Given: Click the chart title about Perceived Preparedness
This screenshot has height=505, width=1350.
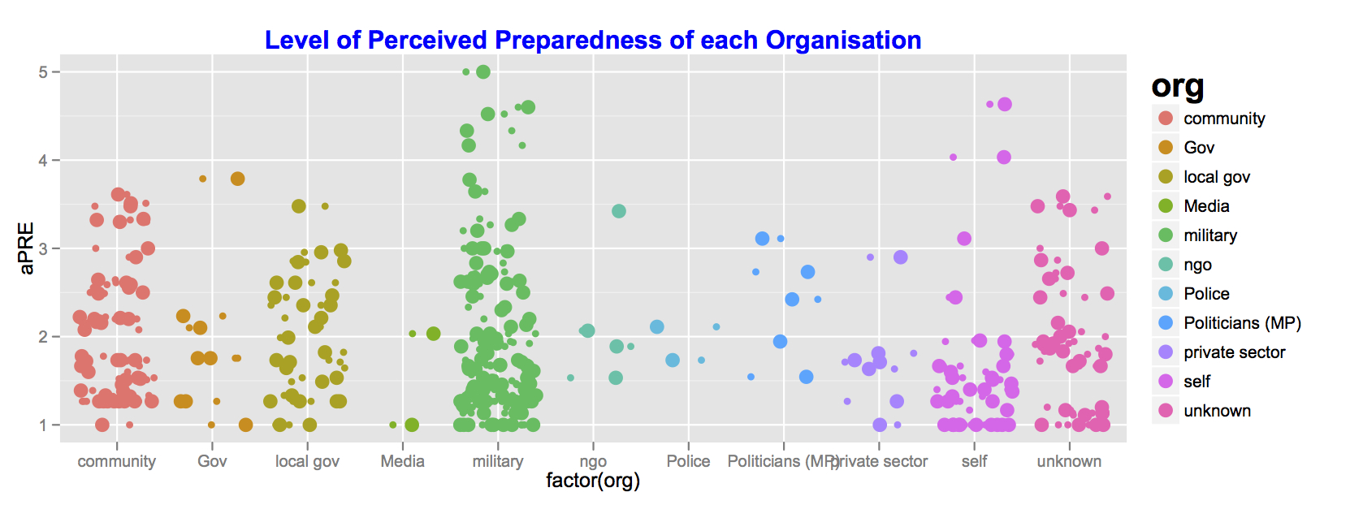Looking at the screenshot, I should (593, 40).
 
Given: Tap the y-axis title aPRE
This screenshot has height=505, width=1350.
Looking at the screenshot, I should (27, 248).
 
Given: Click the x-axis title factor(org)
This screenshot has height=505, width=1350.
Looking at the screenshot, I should (593, 481).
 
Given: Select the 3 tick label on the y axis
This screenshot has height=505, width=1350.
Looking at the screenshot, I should (43, 248).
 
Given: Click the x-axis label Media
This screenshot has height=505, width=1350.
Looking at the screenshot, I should (403, 461).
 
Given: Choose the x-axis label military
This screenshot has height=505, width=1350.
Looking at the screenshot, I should (498, 461).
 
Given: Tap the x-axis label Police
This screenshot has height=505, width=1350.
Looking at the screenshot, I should (688, 461).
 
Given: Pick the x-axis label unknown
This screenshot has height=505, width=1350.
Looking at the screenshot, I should (1069, 461).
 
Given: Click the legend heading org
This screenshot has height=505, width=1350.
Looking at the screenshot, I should (1178, 86).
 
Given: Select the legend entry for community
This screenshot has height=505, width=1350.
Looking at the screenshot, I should (1224, 119).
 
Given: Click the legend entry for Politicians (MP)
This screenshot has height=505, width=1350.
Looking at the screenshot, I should (1242, 323).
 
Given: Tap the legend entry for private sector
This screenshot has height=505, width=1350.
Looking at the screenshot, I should (1234, 352).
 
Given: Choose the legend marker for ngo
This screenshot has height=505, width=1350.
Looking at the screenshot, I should (1166, 265).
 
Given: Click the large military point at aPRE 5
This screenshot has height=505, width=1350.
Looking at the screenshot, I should (483, 72).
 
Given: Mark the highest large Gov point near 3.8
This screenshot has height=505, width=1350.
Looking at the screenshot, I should (237, 179).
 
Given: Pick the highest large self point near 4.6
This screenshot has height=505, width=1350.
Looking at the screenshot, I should (1005, 104).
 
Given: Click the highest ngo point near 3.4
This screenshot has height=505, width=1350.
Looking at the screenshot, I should (619, 211).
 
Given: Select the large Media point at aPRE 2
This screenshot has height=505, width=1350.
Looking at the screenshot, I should (433, 334).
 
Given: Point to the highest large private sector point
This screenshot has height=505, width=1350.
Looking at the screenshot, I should (900, 257).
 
